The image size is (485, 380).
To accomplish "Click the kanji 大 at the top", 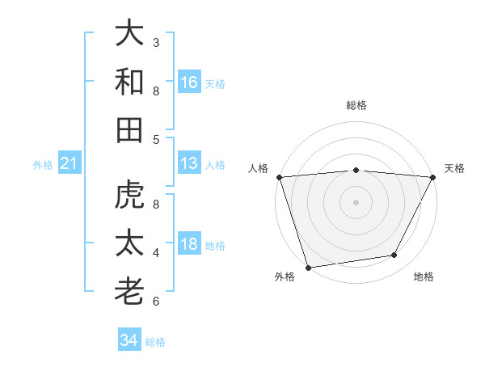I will tap(129, 34).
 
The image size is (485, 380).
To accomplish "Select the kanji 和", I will tap(129, 82).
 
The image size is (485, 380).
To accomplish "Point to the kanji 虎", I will tap(129, 196).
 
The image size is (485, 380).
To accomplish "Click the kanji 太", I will tap(129, 244).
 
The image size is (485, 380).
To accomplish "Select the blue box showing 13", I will tap(189, 163).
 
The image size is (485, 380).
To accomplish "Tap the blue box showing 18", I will tap(189, 245).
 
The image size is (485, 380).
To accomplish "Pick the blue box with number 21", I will tap(70, 164).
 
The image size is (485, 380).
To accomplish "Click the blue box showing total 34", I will tap(129, 340).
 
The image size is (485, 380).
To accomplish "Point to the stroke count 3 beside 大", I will tap(156, 42).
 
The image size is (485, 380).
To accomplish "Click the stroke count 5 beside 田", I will tap(156, 139).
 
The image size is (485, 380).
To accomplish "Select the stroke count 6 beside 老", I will tap(156, 302).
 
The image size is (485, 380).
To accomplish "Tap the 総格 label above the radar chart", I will tap(356, 105).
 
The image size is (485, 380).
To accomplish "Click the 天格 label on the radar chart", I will tap(454, 168).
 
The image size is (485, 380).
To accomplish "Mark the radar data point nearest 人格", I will tap(279, 177).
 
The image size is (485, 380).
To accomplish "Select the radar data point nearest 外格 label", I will tap(308, 267).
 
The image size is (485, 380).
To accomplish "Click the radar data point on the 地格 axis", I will tap(394, 255).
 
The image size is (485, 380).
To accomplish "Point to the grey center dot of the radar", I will tap(356, 201).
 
